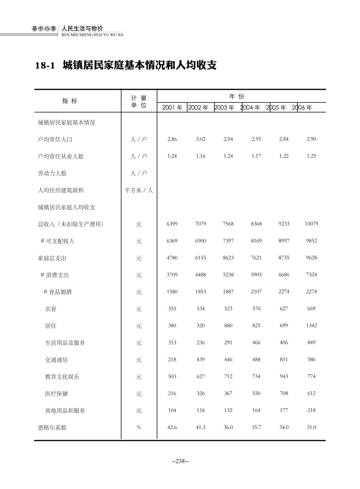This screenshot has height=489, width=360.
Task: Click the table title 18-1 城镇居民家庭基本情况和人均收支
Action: (x=126, y=65)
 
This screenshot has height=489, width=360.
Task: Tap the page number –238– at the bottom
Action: (x=180, y=461)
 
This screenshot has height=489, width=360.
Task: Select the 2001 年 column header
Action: (x=172, y=108)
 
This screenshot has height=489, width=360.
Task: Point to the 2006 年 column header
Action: (x=302, y=108)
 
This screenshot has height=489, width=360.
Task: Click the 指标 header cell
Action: (x=70, y=101)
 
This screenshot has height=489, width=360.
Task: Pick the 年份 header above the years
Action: (x=237, y=97)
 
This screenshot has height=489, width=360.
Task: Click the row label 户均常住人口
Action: (x=55, y=139)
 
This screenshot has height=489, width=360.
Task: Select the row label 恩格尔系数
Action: (x=52, y=428)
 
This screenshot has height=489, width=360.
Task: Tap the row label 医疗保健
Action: (x=56, y=394)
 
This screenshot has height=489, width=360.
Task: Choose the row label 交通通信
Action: (x=56, y=360)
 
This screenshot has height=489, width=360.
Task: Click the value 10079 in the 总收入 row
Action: (x=311, y=224)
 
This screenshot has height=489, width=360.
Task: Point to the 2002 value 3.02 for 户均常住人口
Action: (x=200, y=139)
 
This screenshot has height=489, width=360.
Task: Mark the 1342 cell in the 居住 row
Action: (x=311, y=325)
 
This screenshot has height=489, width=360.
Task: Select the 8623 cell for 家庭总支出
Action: (x=228, y=258)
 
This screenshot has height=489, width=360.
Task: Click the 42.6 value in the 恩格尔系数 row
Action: (x=172, y=427)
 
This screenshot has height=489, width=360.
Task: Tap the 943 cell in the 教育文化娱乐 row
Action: (x=284, y=376)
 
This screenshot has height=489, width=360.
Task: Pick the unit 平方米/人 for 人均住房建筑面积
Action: (x=139, y=190)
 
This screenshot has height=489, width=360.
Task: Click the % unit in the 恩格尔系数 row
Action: (x=139, y=427)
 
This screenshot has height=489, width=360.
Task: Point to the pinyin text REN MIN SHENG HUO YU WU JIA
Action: (x=93, y=35)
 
